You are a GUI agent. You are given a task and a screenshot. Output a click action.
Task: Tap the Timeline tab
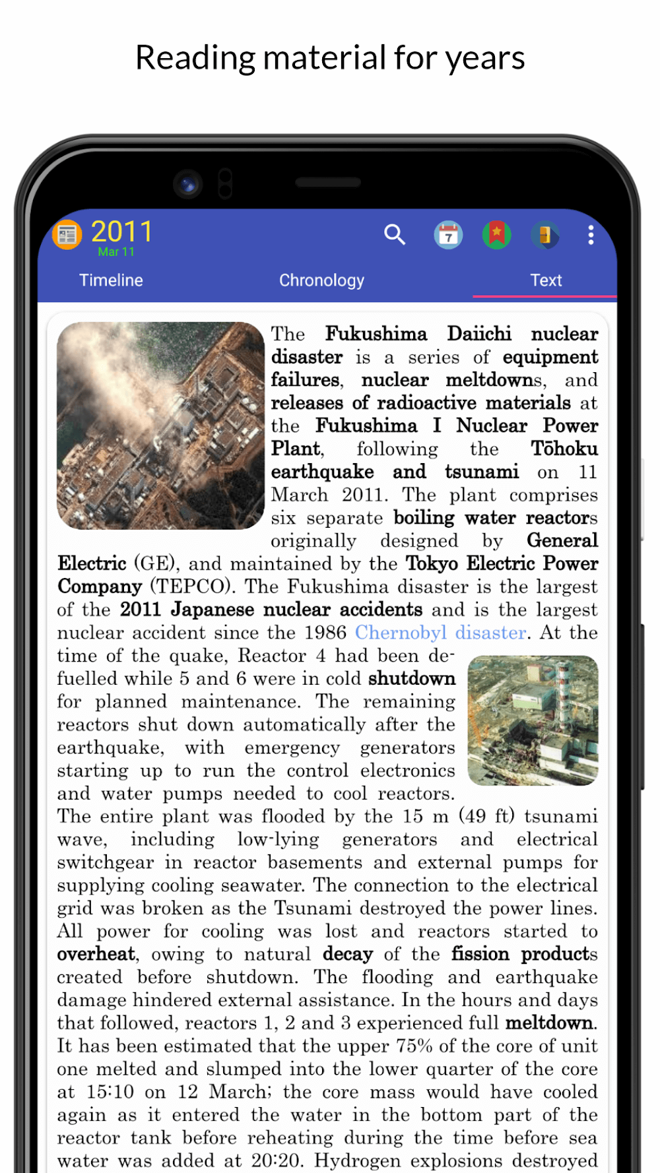[111, 280]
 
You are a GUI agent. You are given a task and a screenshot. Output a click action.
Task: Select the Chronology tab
[321, 280]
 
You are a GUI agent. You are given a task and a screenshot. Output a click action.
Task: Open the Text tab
[546, 280]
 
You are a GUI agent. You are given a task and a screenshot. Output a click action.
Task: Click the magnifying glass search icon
[395, 234]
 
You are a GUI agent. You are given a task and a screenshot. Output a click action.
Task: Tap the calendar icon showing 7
[448, 235]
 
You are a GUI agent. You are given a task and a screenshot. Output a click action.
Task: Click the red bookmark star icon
[496, 234]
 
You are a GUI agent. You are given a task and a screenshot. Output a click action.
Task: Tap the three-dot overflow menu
[591, 235]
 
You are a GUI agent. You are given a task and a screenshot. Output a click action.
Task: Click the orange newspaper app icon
[67, 234]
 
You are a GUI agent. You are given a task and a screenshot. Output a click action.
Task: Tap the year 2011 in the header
[122, 232]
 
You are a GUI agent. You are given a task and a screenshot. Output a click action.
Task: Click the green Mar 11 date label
[116, 252]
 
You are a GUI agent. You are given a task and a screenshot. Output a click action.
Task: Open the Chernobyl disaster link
[441, 633]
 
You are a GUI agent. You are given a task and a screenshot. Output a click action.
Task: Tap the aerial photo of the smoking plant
[160, 426]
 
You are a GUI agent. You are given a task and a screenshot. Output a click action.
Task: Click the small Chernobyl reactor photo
[533, 720]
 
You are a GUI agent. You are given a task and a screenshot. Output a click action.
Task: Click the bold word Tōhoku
[564, 449]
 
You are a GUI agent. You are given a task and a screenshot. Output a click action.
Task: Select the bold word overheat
[96, 954]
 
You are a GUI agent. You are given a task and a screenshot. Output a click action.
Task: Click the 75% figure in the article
[414, 1046]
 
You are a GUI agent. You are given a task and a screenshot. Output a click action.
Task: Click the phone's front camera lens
[188, 183]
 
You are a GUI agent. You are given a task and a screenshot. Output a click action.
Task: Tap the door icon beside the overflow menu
[544, 235]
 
